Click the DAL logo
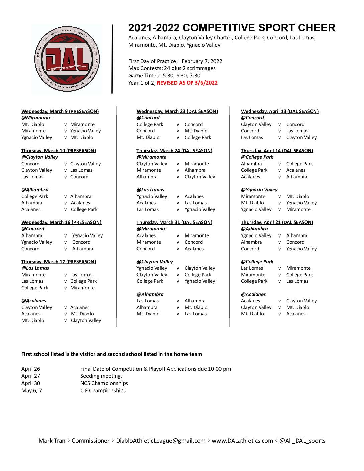[x=67, y=60]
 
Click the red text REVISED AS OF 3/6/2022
[x=187, y=83]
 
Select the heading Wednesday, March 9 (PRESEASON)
[x=60, y=111]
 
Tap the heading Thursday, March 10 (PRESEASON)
[x=59, y=151]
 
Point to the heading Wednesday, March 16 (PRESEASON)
[x=61, y=222]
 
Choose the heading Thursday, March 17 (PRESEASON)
[x=59, y=262]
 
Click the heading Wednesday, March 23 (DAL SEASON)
[x=177, y=111]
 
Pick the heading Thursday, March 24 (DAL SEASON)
[x=174, y=151]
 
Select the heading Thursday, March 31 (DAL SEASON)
[x=174, y=222]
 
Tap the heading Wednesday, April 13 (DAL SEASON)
[x=280, y=111]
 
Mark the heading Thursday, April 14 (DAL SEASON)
[x=277, y=151]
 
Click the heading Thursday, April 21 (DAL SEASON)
[x=277, y=222]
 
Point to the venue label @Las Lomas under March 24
[x=150, y=190]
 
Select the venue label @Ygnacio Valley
[x=259, y=190]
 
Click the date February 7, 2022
[x=202, y=61]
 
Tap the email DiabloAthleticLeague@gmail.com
[x=161, y=441]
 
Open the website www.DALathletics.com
[x=242, y=441]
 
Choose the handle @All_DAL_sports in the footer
[x=302, y=441]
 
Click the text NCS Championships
[x=104, y=383]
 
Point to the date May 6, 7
[x=32, y=391]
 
